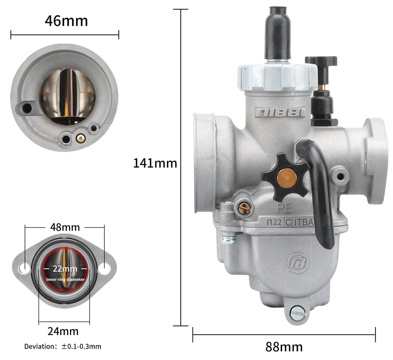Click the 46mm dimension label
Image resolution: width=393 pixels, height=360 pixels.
click(66, 21)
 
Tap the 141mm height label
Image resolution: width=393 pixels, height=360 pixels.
click(155, 163)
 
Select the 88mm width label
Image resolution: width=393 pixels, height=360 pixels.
click(284, 347)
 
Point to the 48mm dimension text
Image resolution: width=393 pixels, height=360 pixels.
click(65, 227)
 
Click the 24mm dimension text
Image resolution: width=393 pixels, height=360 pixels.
click(63, 332)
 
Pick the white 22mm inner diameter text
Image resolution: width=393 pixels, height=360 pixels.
click(65, 269)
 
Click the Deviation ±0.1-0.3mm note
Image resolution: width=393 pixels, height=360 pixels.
click(62, 347)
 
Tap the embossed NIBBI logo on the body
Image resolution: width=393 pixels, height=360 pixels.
click(280, 112)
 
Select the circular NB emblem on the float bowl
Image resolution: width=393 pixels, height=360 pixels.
click(297, 263)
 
